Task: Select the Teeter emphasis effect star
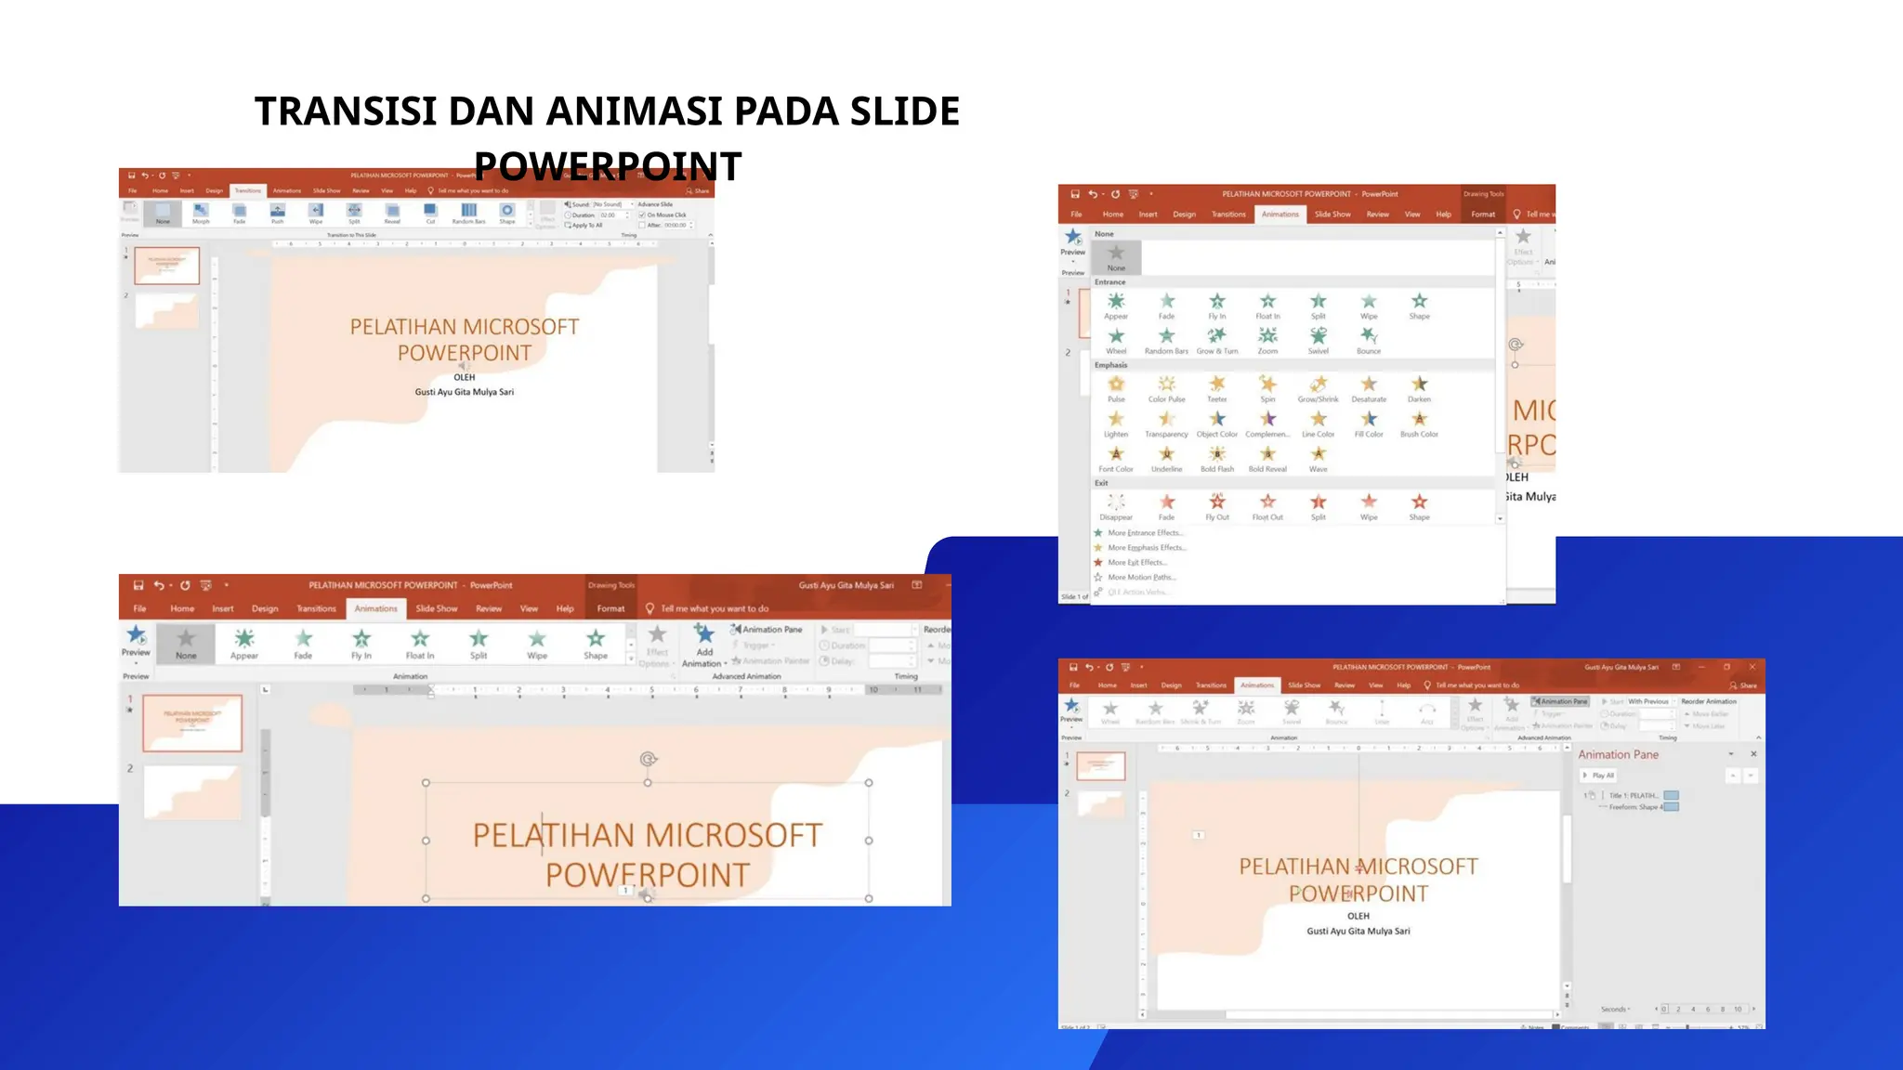click(x=1217, y=385)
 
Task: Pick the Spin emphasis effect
click(x=1267, y=385)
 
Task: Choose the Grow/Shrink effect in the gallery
click(x=1319, y=385)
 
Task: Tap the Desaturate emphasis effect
click(x=1369, y=385)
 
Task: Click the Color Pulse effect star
click(x=1166, y=385)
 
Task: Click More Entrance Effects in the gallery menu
click(x=1145, y=533)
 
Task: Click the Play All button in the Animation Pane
click(x=1600, y=776)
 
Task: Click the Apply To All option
click(x=585, y=226)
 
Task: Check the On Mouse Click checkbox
click(x=642, y=215)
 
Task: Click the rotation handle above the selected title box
click(x=649, y=759)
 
